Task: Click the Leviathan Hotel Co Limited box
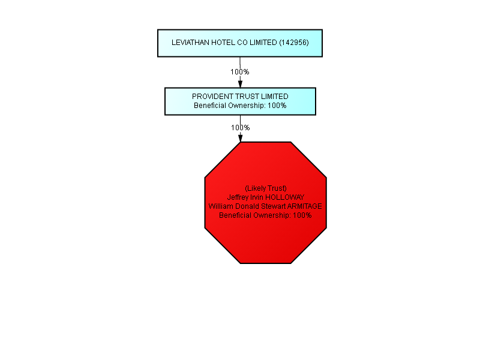pyautogui.click(x=240, y=43)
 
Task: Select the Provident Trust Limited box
pyautogui.click(x=241, y=101)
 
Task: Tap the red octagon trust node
pyautogui.click(x=266, y=203)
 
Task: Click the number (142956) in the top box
pyautogui.click(x=294, y=43)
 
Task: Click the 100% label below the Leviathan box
pyautogui.click(x=239, y=72)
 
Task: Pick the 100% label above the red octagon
pyautogui.click(x=241, y=128)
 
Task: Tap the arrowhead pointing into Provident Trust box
pyautogui.click(x=241, y=83)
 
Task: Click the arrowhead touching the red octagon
pyautogui.click(x=241, y=138)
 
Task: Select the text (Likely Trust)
pyautogui.click(x=266, y=188)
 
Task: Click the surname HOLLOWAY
pyautogui.click(x=284, y=197)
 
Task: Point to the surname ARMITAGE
pyautogui.click(x=305, y=206)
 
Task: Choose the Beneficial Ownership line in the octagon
pyautogui.click(x=265, y=215)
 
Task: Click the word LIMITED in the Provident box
pyautogui.click(x=275, y=97)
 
